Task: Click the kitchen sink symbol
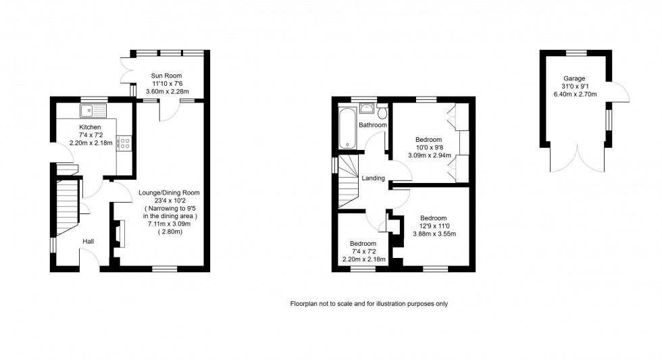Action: click(93, 110)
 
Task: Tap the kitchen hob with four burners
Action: click(124, 143)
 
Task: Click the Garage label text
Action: click(574, 78)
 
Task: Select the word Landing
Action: click(373, 178)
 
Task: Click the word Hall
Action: click(88, 240)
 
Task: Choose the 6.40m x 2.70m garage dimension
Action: click(574, 95)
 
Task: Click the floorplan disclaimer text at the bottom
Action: click(369, 304)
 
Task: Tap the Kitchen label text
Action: click(90, 127)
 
